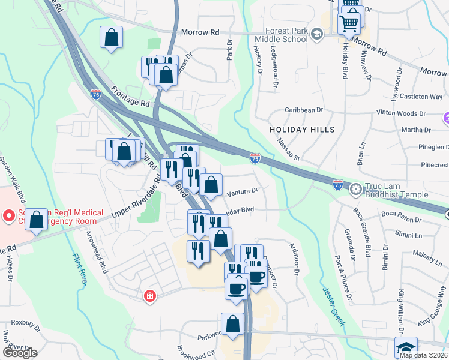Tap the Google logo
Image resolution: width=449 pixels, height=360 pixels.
pos(20,352)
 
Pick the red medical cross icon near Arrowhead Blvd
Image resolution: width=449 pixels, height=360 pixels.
pos(149,296)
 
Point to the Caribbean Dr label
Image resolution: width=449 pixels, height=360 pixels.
pos(304,110)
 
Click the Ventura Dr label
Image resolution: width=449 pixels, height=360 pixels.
pos(243,191)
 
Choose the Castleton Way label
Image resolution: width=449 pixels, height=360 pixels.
pos(421,97)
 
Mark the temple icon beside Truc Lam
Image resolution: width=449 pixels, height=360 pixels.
pos(355,190)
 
